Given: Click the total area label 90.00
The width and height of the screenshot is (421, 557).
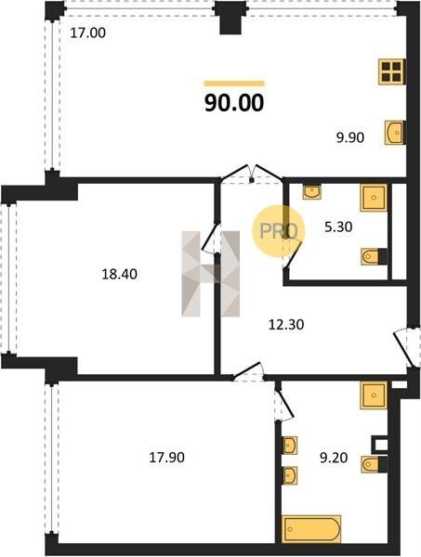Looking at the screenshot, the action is (x=234, y=103).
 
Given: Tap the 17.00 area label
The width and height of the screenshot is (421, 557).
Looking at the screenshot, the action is (x=88, y=33).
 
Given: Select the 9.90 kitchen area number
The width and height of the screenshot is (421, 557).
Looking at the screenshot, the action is (x=350, y=137).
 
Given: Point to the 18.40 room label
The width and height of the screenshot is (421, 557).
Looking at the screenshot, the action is (x=120, y=274).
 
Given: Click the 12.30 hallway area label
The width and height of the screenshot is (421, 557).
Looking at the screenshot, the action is (x=286, y=325).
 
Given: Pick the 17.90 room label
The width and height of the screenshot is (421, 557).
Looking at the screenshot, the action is (x=166, y=458).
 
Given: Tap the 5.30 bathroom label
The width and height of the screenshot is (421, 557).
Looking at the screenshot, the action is (x=338, y=227).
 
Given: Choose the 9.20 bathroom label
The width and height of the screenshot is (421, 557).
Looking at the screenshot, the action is (x=334, y=458).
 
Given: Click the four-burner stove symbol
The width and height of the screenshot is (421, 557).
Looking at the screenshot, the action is (x=391, y=71).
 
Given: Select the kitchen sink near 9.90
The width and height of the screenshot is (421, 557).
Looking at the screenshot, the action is (x=394, y=133).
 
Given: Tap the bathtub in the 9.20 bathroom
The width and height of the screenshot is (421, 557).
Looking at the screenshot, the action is (x=311, y=529).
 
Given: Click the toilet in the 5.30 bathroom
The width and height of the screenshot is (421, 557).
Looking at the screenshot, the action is (x=374, y=256).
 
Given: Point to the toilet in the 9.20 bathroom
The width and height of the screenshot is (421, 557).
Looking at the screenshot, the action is (x=374, y=465).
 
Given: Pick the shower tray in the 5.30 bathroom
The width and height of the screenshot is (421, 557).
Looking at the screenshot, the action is (x=374, y=198).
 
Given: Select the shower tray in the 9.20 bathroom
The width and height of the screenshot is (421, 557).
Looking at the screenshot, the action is (x=374, y=395).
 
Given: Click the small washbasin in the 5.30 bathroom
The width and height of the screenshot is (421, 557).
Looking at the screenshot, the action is (x=312, y=192).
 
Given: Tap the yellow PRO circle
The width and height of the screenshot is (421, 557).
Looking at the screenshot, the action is (x=279, y=231).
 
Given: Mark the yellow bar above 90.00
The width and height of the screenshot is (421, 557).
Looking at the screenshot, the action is (x=234, y=84).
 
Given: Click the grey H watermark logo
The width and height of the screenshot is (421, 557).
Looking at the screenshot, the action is (x=210, y=274).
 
